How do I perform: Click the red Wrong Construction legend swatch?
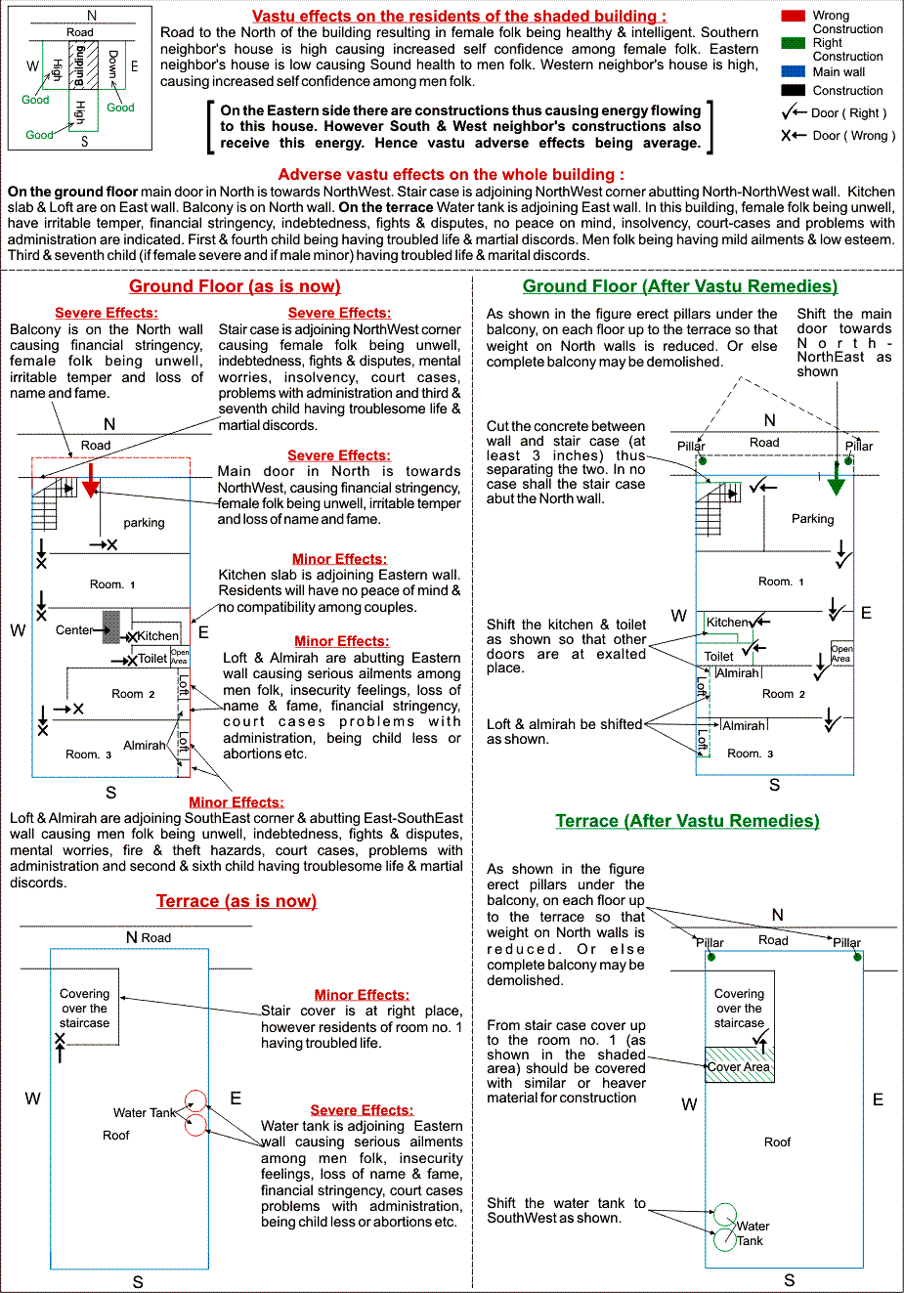click(x=793, y=16)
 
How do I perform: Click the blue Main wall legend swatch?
click(x=793, y=71)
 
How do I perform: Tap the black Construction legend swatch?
click(x=793, y=90)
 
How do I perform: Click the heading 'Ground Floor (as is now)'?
click(x=235, y=286)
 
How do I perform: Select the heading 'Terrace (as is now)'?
click(x=237, y=901)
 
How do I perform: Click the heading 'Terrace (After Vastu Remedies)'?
click(x=687, y=821)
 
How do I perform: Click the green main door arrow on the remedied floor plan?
click(x=836, y=482)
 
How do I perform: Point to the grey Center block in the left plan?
click(x=111, y=626)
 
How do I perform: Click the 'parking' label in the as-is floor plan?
click(x=144, y=523)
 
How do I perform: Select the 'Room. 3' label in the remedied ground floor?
click(x=750, y=754)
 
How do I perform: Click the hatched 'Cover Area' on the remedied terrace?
click(x=739, y=1064)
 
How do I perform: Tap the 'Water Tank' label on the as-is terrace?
click(x=145, y=1112)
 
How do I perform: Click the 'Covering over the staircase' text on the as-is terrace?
click(x=85, y=1009)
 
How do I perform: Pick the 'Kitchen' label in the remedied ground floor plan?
click(x=727, y=622)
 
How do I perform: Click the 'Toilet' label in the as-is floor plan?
click(x=151, y=659)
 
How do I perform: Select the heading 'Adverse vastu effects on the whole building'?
click(x=452, y=174)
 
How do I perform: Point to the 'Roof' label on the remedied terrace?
click(x=777, y=1142)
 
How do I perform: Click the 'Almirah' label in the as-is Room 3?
click(x=144, y=746)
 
